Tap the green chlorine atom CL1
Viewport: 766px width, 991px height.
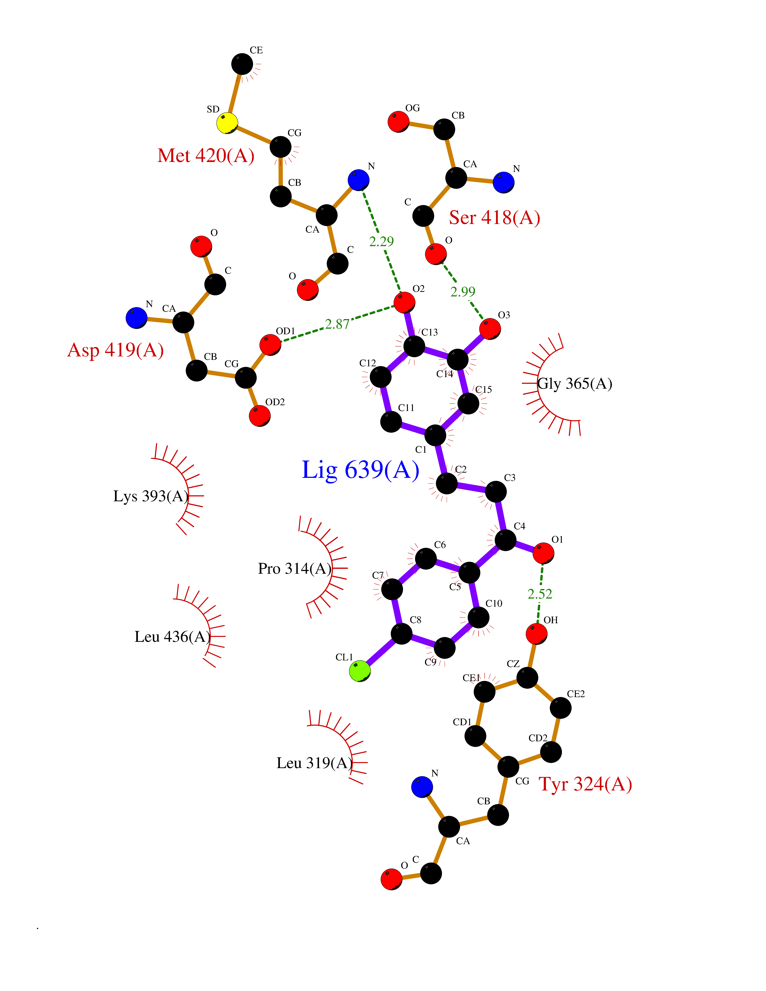click(359, 671)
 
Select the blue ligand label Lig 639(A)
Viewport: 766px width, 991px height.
click(360, 470)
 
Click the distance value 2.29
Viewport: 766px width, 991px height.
click(381, 241)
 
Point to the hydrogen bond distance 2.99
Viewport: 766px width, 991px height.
click(462, 292)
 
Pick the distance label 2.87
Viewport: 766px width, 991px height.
click(337, 324)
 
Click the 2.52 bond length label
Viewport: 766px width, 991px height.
click(540, 594)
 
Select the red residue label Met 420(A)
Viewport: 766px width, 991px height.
click(206, 156)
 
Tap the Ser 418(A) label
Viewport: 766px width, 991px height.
click(494, 218)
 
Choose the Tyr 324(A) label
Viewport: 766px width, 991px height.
click(585, 784)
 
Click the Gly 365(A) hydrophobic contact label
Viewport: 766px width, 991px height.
click(575, 384)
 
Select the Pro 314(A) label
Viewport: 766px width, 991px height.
click(295, 568)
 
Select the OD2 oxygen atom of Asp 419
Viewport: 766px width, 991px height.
click(260, 416)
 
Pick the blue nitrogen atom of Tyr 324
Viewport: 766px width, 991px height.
click(422, 787)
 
